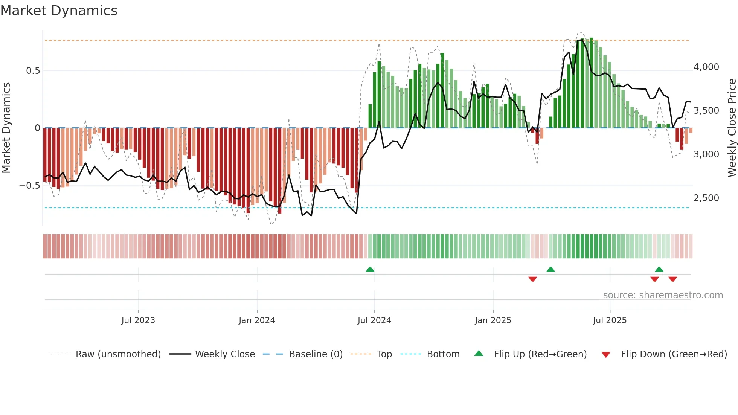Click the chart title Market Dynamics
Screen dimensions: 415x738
tap(59, 11)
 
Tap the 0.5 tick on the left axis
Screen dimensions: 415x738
tap(33, 71)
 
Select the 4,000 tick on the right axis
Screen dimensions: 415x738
tap(706, 67)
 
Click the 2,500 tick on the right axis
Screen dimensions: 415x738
tap(706, 198)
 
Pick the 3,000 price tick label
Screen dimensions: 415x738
tap(706, 154)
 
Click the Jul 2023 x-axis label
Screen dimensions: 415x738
tap(138, 320)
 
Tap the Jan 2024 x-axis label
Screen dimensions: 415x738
tap(257, 320)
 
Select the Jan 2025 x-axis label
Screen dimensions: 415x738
tap(493, 320)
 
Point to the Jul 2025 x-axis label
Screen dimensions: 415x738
tap(610, 320)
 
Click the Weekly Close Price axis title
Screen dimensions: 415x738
tap(732, 128)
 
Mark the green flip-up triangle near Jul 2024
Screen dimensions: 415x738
tap(370, 269)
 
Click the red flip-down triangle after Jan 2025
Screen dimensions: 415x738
tap(532, 279)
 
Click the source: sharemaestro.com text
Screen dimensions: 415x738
tap(663, 295)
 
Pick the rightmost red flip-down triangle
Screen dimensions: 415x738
tap(673, 279)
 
